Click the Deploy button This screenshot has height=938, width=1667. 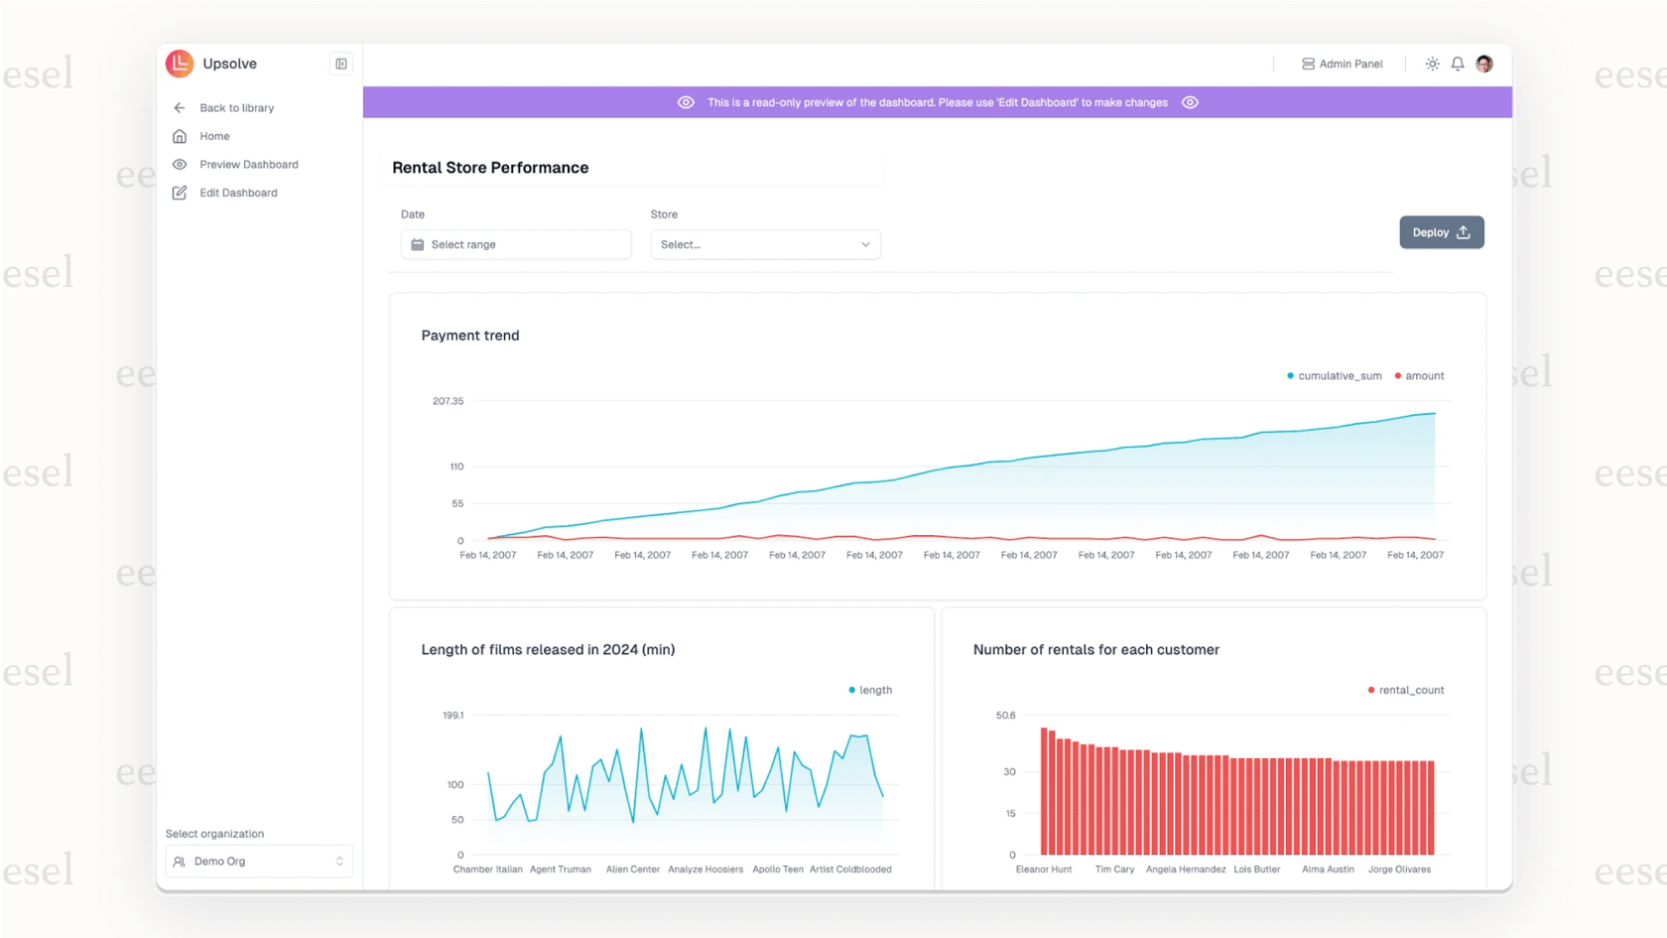point(1441,232)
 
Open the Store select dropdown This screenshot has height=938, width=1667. point(765,244)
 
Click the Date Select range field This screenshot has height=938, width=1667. point(516,244)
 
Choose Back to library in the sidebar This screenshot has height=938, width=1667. point(236,107)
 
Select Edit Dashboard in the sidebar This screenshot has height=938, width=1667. point(238,193)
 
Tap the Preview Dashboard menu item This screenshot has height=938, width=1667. point(248,165)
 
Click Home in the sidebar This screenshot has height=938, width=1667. point(214,136)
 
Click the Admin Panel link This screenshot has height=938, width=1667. point(1342,64)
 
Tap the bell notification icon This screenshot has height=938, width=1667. point(1457,64)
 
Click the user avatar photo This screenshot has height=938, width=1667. point(1483,64)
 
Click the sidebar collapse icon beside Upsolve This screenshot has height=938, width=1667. point(340,64)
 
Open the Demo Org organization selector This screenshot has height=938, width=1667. point(259,861)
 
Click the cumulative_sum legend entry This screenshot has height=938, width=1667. point(1335,376)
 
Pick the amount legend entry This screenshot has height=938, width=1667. point(1420,376)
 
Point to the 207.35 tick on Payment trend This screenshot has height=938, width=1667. point(448,401)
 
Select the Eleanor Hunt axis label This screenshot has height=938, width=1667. point(1043,870)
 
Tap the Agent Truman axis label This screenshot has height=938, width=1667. point(560,870)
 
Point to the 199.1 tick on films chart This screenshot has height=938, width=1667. point(452,715)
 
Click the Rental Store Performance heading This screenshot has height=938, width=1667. point(490,168)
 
